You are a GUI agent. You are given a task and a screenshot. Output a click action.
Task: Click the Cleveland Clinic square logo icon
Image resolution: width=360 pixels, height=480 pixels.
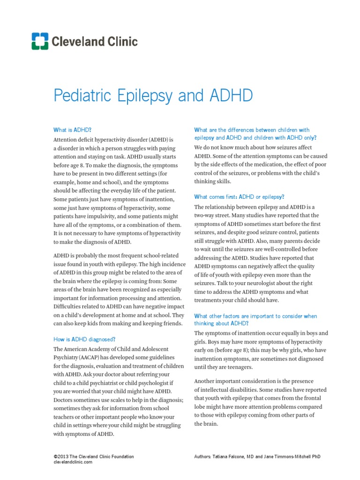39,41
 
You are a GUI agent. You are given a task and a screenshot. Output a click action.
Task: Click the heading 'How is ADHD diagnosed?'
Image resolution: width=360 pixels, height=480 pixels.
84,339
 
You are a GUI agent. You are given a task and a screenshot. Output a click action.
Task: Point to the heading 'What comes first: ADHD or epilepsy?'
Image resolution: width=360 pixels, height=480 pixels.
239,197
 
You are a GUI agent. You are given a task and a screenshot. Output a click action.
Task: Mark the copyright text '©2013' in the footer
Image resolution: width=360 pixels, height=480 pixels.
61,456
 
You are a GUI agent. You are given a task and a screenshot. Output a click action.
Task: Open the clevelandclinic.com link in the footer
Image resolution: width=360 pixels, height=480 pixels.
73,462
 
